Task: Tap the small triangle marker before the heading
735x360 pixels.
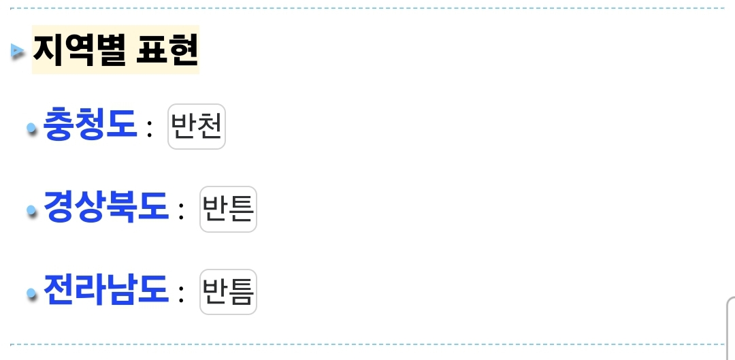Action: [x=18, y=50]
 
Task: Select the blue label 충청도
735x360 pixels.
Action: [x=90, y=125]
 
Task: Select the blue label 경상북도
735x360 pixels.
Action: [x=105, y=207]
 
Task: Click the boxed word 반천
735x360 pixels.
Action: [x=196, y=127]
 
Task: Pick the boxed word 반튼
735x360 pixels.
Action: [x=228, y=209]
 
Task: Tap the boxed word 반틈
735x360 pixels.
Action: [x=228, y=292]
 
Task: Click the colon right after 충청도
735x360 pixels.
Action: [x=150, y=129]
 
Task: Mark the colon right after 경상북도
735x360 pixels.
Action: [x=181, y=212]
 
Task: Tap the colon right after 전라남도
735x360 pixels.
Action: [x=181, y=294]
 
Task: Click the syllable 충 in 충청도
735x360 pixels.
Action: [x=59, y=125]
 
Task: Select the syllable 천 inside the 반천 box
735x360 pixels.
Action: [x=209, y=127]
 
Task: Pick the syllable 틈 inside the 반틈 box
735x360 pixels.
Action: [x=241, y=292]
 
